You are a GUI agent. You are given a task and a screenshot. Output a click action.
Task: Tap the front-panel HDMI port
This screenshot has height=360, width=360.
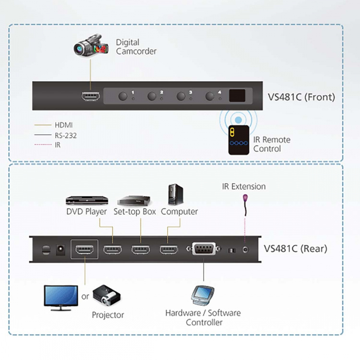pos(90,96)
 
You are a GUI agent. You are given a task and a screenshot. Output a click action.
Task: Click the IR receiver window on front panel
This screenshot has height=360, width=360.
pos(238,96)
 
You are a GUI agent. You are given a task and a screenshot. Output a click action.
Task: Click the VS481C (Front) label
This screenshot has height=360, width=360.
pos(301,97)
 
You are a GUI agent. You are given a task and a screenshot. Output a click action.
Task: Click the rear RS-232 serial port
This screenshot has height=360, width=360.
pos(204,250)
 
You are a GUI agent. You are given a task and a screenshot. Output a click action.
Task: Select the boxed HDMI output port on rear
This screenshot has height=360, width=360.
pos(84,250)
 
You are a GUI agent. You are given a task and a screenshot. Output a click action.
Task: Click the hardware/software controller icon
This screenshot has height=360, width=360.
pos(203,296)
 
